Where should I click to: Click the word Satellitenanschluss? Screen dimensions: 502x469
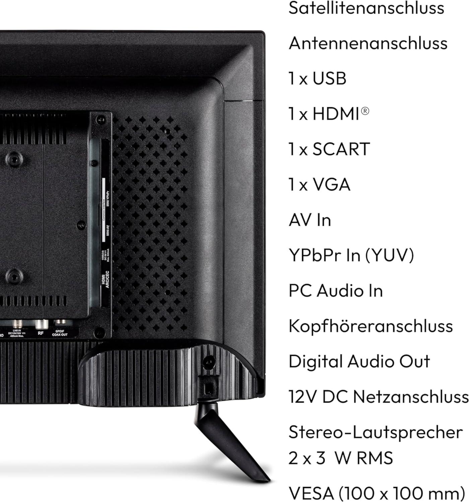coord(366,8)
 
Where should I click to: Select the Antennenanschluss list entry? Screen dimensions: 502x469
coord(368,44)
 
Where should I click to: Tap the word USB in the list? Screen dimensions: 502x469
coord(329,79)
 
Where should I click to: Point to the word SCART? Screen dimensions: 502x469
coord(341,149)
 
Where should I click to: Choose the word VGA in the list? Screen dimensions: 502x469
coord(331,185)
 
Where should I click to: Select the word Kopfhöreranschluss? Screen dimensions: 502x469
coord(371,326)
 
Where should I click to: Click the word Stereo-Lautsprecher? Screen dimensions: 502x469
coord(375,432)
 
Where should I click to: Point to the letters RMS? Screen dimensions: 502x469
coord(374,458)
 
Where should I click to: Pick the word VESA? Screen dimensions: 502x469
coord(311,493)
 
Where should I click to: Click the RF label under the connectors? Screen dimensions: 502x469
coord(41,333)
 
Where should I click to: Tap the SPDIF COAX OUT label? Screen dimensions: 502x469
coord(60,333)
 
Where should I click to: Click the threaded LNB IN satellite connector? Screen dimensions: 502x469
coord(16,324)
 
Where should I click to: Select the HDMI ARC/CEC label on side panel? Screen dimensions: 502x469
coord(106,277)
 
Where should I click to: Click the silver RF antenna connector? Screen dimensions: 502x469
coord(41,324)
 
